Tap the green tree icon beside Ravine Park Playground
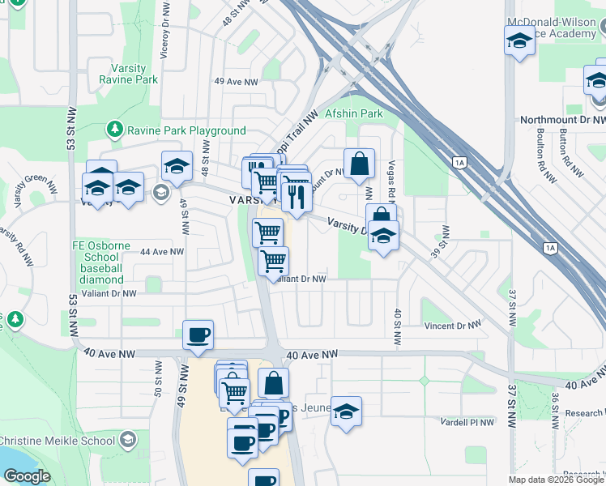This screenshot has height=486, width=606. coord(114,130)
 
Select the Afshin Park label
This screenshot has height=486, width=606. coord(353,114)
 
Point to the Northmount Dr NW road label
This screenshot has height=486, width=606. coord(562,120)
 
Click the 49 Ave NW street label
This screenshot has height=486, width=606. coord(236,82)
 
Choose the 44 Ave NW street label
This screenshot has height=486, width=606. coord(162,252)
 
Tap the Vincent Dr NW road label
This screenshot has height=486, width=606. coord(453,326)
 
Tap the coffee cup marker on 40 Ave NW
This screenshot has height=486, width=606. coord(198,334)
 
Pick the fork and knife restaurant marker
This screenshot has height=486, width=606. coord(295,195)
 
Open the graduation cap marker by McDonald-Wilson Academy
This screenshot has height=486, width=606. coord(519,40)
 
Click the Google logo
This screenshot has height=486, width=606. coord(27,476)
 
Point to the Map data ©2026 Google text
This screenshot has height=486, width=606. coord(555,480)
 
